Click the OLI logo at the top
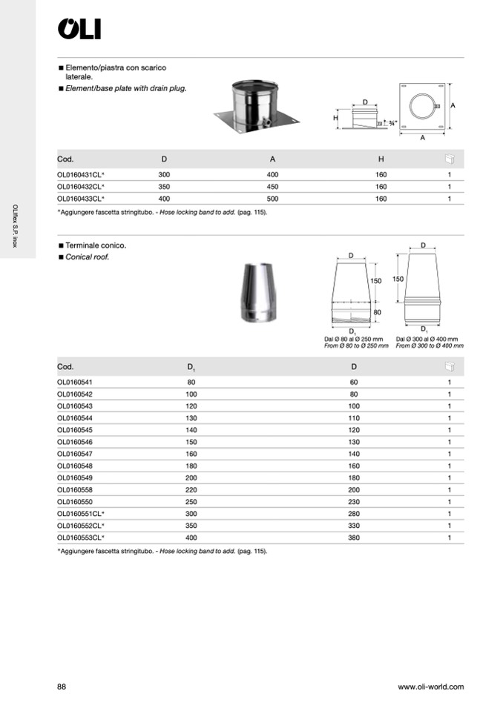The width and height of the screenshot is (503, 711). [79, 29]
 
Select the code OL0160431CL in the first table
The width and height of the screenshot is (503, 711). [80, 174]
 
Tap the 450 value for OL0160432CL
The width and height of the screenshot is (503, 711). [272, 187]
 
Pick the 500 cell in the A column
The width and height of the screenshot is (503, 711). [272, 199]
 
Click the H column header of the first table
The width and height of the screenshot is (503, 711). [381, 159]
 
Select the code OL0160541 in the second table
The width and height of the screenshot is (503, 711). [74, 383]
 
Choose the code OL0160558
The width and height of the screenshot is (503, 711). [74, 489]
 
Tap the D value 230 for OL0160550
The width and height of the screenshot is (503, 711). [354, 501]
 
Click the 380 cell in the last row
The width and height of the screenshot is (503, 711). [354, 537]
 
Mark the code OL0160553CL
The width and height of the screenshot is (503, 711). [80, 537]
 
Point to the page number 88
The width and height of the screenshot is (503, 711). [62, 687]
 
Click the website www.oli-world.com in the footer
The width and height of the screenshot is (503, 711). [430, 687]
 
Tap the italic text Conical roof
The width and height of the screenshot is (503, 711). [87, 257]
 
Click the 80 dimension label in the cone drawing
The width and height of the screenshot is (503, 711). [377, 312]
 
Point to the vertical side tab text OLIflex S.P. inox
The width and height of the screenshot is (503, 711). [16, 225]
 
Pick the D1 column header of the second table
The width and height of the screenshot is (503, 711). [191, 367]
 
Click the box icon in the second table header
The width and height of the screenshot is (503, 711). [449, 366]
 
